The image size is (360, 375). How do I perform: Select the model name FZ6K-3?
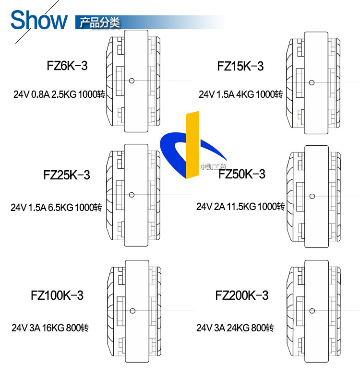(x=67, y=66)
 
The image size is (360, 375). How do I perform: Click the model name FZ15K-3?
(x=240, y=66)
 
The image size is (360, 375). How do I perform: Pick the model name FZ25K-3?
(x=66, y=175)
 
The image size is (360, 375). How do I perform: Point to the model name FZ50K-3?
(x=242, y=174)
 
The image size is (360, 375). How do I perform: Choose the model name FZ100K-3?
(x=57, y=295)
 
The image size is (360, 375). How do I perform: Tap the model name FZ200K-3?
(x=242, y=295)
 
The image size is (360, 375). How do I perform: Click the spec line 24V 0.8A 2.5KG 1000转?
(x=59, y=94)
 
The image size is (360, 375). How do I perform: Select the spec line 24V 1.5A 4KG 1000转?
(x=240, y=94)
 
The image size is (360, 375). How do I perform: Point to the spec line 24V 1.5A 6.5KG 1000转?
(x=56, y=208)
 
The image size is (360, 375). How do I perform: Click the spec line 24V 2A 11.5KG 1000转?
(x=240, y=207)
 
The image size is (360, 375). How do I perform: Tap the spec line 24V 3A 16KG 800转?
(x=50, y=328)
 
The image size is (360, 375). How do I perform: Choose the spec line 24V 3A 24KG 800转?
(x=235, y=328)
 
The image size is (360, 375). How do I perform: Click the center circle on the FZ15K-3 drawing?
(x=312, y=82)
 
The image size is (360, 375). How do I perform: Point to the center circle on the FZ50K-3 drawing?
(x=312, y=196)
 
